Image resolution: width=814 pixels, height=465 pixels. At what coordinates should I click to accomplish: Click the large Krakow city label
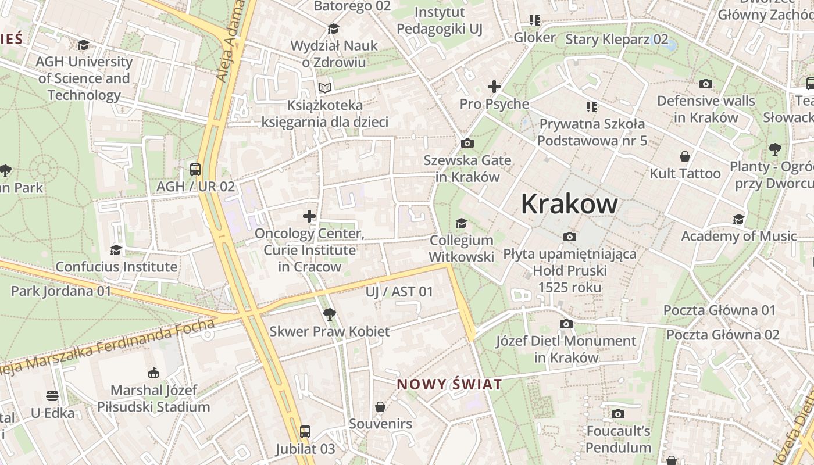[569, 204]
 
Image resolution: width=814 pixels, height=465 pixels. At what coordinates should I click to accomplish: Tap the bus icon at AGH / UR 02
[195, 170]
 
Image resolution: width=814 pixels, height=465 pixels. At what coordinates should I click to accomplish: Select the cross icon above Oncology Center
[309, 217]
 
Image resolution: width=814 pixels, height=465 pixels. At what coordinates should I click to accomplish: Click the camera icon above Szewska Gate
[467, 143]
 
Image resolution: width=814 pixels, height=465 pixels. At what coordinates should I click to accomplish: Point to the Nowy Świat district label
[449, 384]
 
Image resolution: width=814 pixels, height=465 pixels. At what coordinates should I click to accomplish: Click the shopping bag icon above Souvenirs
[380, 407]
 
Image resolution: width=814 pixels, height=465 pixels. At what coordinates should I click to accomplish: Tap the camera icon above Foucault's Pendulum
[617, 414]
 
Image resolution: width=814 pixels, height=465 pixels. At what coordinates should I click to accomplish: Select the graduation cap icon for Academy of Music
[738, 219]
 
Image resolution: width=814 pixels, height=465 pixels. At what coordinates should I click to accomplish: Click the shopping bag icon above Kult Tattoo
[685, 156]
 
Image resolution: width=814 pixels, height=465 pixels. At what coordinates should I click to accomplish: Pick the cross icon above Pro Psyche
[494, 87]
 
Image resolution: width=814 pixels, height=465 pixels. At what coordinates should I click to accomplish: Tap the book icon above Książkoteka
[324, 88]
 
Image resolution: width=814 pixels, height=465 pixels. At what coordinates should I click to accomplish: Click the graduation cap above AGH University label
[84, 45]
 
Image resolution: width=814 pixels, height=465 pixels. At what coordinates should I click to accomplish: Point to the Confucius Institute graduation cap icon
[116, 250]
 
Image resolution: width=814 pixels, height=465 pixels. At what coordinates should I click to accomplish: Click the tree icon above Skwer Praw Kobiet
[329, 314]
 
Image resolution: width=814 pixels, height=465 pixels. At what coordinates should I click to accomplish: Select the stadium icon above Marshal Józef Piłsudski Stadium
[153, 373]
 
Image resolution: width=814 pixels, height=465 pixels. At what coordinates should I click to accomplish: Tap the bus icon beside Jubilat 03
[305, 432]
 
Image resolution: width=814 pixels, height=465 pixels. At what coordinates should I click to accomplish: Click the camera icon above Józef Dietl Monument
[566, 324]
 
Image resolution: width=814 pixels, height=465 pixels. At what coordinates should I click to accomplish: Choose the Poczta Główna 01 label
[719, 310]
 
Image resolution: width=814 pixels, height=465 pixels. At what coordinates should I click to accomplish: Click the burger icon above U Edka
[53, 396]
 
